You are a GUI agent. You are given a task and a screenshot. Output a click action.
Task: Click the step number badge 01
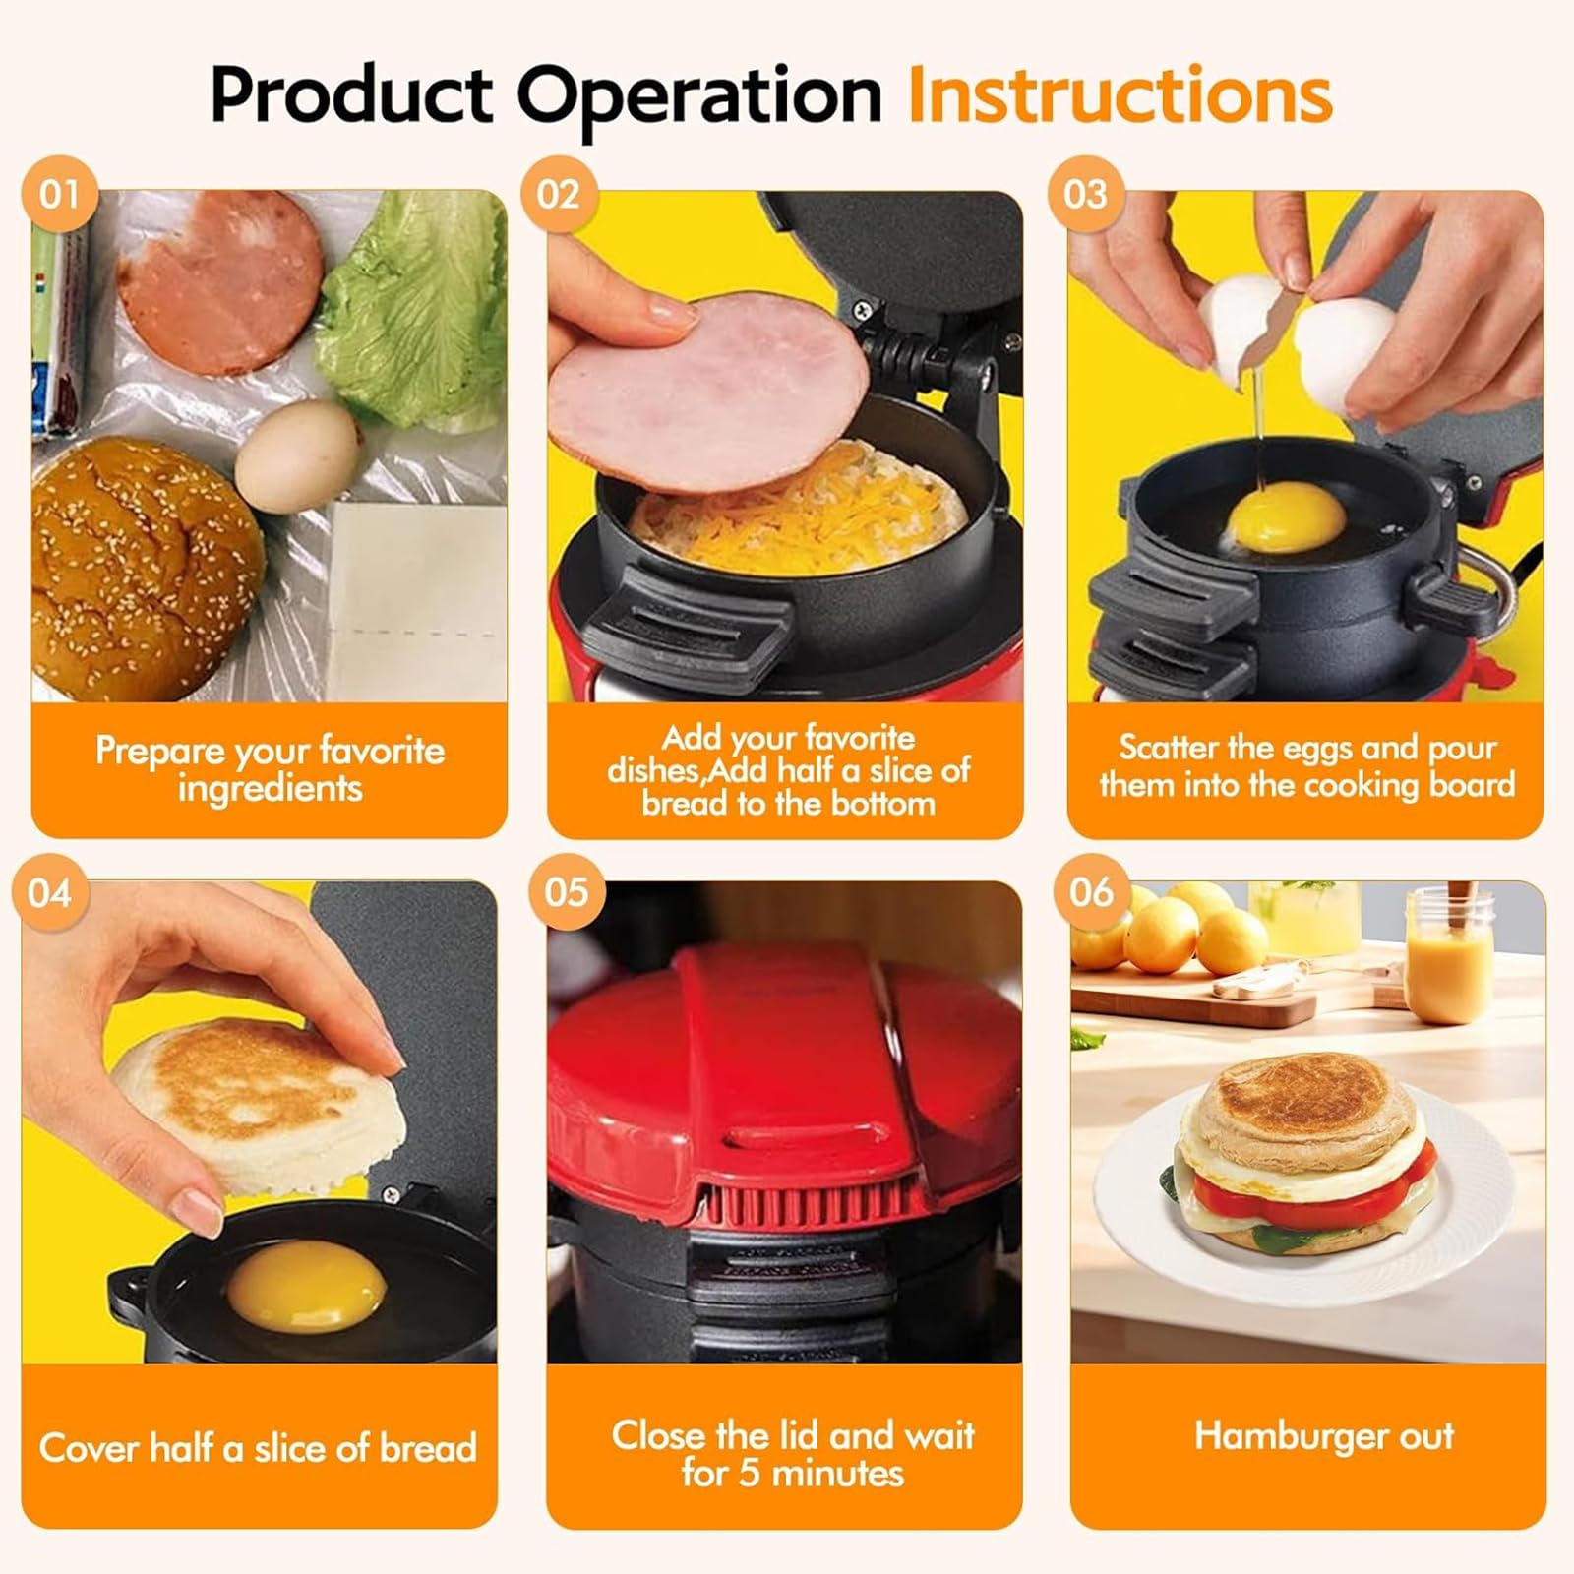pyautogui.click(x=59, y=194)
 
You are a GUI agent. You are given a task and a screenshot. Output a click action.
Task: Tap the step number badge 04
pyautogui.click(x=50, y=893)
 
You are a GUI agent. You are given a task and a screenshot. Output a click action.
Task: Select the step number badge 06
pyautogui.click(x=1091, y=892)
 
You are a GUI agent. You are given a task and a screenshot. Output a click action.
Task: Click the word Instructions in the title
pyautogui.click(x=1120, y=96)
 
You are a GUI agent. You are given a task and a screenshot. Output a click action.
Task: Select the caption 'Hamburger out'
pyautogui.click(x=1324, y=1436)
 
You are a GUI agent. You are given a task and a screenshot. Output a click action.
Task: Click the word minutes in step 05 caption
pyautogui.click(x=837, y=1474)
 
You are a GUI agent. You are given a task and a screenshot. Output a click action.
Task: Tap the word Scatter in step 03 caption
pyautogui.click(x=1167, y=748)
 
